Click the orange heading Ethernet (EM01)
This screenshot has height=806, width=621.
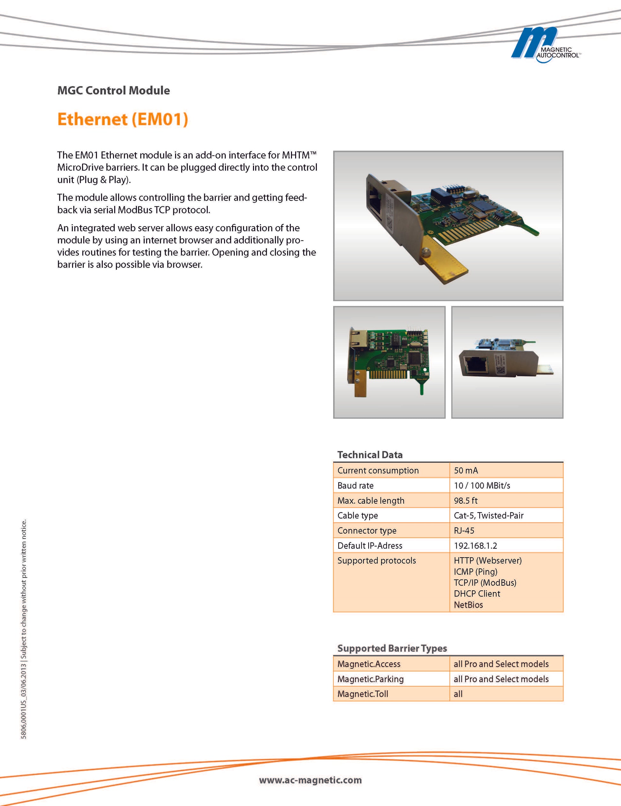[123, 120]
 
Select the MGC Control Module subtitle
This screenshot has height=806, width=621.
[114, 90]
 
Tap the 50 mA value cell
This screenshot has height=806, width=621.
[466, 470]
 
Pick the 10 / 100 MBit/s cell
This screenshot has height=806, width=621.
[482, 486]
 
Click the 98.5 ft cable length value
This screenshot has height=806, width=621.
[466, 501]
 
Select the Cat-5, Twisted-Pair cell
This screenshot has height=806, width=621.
[489, 515]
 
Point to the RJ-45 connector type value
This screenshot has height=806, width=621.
[464, 531]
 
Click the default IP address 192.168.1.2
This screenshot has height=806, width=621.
[475, 545]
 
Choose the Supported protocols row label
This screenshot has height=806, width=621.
[377, 561]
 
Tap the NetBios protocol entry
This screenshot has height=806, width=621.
[468, 605]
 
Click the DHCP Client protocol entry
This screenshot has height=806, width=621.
[477, 594]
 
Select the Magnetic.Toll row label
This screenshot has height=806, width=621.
[363, 694]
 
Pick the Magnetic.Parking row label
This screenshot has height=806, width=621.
[370, 679]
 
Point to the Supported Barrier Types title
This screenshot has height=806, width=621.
[392, 648]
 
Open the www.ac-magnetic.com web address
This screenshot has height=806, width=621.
[310, 780]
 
